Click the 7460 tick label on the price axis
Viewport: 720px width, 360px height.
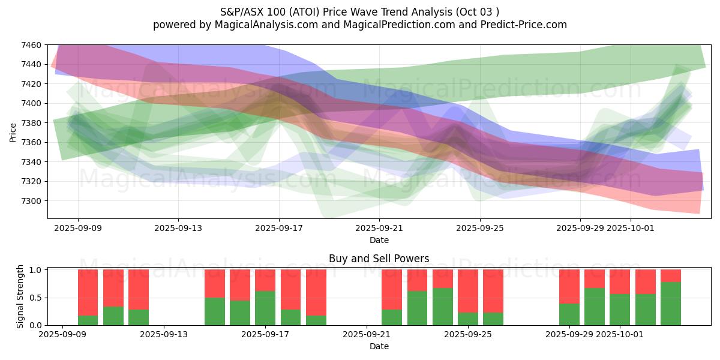point(31,45)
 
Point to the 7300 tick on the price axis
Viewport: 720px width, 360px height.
point(31,201)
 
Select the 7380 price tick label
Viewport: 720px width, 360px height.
point(31,123)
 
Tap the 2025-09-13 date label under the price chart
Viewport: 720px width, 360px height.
point(178,228)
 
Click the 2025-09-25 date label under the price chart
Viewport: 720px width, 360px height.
point(479,228)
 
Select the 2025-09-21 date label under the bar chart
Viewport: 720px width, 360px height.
point(367,335)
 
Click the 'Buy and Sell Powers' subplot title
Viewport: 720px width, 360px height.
point(379,259)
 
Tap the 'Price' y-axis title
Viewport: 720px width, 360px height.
point(13,131)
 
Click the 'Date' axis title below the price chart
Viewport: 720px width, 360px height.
point(379,240)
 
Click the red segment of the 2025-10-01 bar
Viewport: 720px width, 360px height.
point(620,282)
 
